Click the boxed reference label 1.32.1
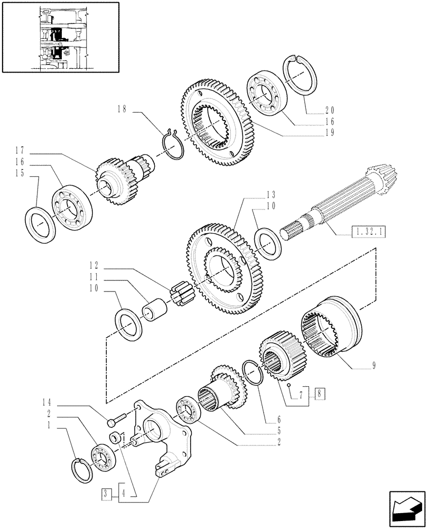pyautogui.click(x=367, y=231)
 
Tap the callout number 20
pyautogui.click(x=330, y=111)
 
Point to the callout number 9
pyautogui.click(x=374, y=365)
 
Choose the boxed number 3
pyautogui.click(x=107, y=494)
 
